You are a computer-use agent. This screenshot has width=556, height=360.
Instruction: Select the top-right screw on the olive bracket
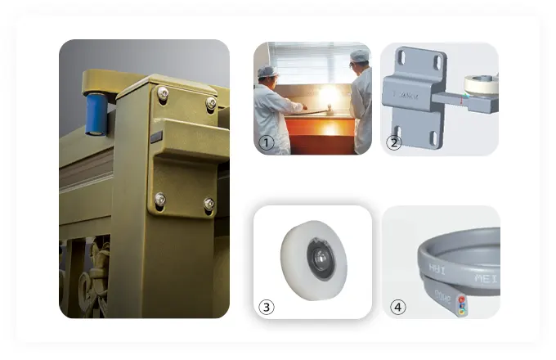(x=211, y=102)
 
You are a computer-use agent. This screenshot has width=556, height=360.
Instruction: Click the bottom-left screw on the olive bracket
(x=159, y=198)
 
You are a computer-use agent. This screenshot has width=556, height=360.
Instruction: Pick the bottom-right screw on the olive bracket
(x=208, y=204)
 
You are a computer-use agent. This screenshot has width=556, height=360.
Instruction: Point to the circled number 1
(x=266, y=142)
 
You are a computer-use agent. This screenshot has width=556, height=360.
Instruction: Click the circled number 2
(x=393, y=142)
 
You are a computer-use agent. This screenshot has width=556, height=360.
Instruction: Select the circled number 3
(x=266, y=307)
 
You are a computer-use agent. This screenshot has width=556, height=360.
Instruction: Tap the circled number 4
(x=397, y=307)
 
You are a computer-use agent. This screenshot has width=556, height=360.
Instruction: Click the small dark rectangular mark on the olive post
(x=156, y=137)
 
